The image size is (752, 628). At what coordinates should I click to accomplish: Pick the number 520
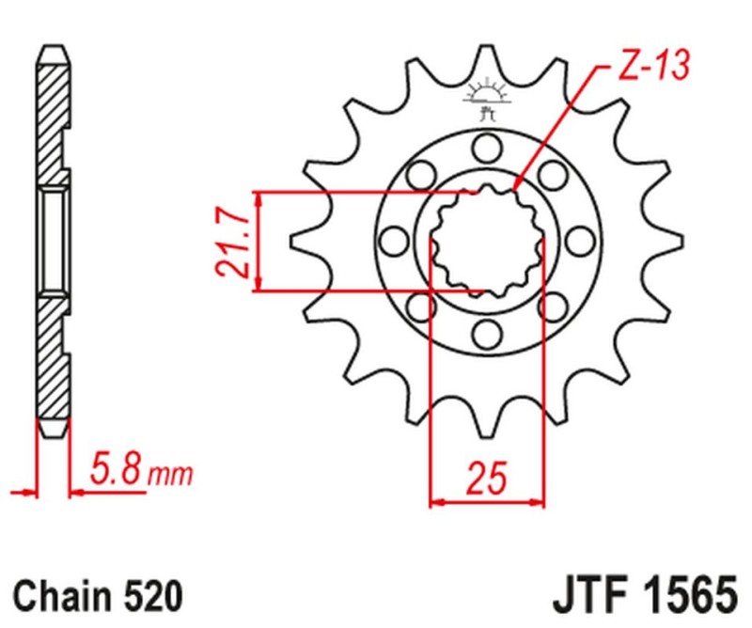(150, 597)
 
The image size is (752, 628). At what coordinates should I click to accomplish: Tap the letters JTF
(587, 597)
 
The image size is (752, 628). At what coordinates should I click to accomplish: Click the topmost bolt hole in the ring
(486, 147)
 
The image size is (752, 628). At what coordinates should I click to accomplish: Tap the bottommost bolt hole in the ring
(486, 333)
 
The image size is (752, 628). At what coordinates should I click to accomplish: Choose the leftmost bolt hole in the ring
(395, 240)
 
